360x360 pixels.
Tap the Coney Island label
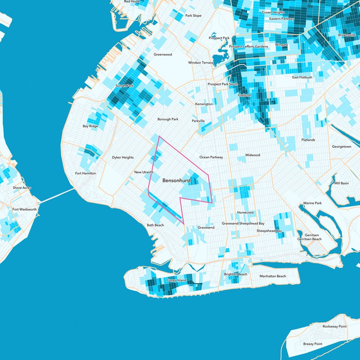pyautogui.click(x=176, y=280)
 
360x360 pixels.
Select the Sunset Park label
pyautogui.click(x=125, y=85)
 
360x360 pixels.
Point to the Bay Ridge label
pyautogui.click(x=90, y=126)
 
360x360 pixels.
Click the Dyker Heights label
pyautogui.click(x=123, y=157)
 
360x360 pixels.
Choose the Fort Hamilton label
pyautogui.click(x=85, y=173)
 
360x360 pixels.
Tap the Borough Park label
pyautogui.click(x=168, y=119)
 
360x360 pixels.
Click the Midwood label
pyautogui.click(x=252, y=155)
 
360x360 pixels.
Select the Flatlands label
pyautogui.click(x=308, y=140)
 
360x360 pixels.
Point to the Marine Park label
pyautogui.click(x=312, y=203)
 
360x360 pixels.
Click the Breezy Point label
pyautogui.click(x=312, y=344)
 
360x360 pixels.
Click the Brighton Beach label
pyautogui.click(x=236, y=274)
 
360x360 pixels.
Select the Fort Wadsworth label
pyautogui.click(x=25, y=209)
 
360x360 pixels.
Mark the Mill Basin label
pyautogui.click(x=341, y=183)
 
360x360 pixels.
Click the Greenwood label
pyautogui.click(x=163, y=54)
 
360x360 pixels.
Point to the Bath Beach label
pyautogui.click(x=155, y=225)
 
